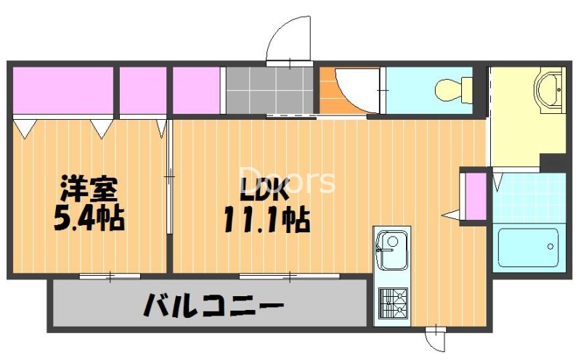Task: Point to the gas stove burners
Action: pyautogui.click(x=392, y=303)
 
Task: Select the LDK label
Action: pyautogui.click(x=265, y=189)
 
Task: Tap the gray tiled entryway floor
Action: pyautogui.click(x=269, y=90)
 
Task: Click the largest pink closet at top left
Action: pyautogui.click(x=63, y=91)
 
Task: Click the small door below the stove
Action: pyautogui.click(x=434, y=337)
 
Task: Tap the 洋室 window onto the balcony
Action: pyautogui.click(x=110, y=275)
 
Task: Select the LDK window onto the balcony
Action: pyautogui.click(x=289, y=275)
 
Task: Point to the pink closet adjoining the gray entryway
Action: pyautogui.click(x=196, y=91)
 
